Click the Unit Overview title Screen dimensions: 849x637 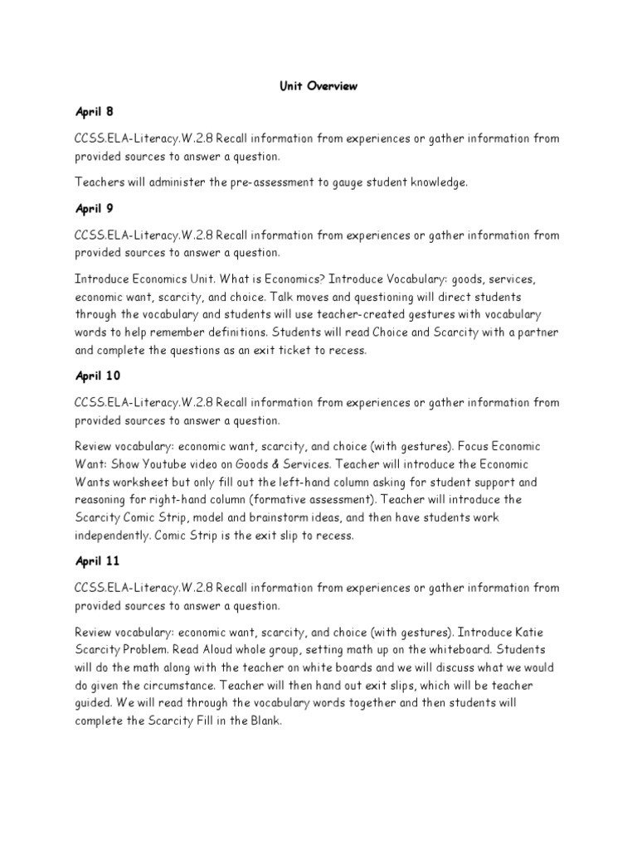318,86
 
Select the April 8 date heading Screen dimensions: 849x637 94,111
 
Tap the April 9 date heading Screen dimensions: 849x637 94,208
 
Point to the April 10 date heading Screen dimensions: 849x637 97,375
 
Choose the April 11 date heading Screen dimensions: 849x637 97,560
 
